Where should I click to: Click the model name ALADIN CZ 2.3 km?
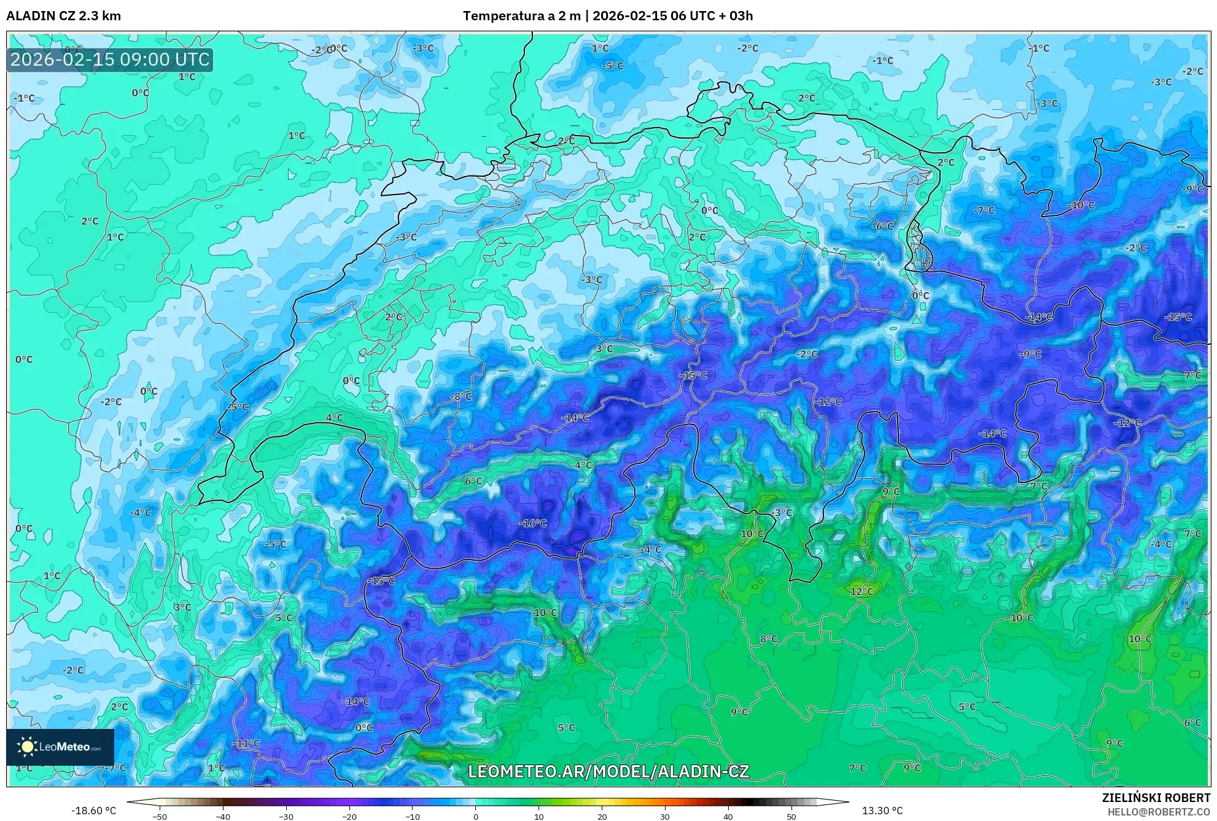point(64,16)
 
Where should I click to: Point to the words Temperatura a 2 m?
point(521,16)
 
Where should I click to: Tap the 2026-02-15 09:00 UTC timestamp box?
point(111,60)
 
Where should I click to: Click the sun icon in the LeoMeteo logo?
point(27,747)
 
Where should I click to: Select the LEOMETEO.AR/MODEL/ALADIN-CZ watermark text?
point(608,771)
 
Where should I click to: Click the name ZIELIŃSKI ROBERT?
point(1156,798)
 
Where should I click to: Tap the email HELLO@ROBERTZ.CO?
point(1159,811)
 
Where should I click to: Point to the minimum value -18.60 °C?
point(93,811)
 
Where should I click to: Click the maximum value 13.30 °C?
point(882,811)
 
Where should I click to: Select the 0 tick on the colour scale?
point(475,816)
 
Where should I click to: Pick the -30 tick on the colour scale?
point(286,816)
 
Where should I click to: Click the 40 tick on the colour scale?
point(728,816)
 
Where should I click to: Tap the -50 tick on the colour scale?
point(160,816)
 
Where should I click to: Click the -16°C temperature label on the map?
point(533,523)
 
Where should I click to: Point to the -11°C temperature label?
point(246,743)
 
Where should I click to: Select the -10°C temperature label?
point(1081,205)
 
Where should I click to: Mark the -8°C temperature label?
point(461,396)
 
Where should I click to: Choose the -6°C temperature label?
point(884,226)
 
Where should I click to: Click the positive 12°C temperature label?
point(861,592)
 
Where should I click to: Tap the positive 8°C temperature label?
point(769,639)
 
